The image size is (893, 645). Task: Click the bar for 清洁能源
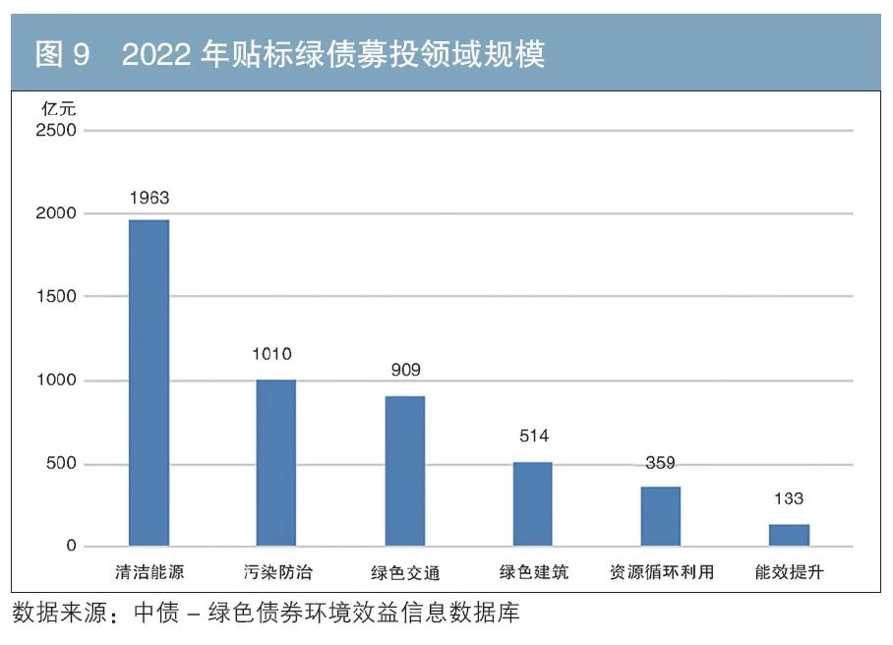(149, 382)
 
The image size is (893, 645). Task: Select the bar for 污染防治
(276, 462)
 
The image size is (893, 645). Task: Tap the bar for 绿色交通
(404, 471)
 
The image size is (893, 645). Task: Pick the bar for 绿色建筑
(532, 503)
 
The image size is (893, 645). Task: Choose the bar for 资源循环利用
(660, 516)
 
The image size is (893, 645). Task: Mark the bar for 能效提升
(789, 535)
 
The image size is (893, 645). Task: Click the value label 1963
(149, 198)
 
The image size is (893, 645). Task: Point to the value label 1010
(271, 354)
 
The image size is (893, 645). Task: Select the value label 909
(405, 370)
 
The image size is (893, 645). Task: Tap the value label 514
(533, 436)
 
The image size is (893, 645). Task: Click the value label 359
(660, 463)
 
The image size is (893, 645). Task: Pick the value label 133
(788, 498)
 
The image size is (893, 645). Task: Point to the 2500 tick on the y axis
(57, 130)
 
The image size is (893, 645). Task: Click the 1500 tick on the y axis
(57, 296)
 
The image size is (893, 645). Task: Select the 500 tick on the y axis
(63, 464)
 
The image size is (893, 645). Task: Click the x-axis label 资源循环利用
(661, 572)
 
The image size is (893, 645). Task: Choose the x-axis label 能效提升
(789, 572)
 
